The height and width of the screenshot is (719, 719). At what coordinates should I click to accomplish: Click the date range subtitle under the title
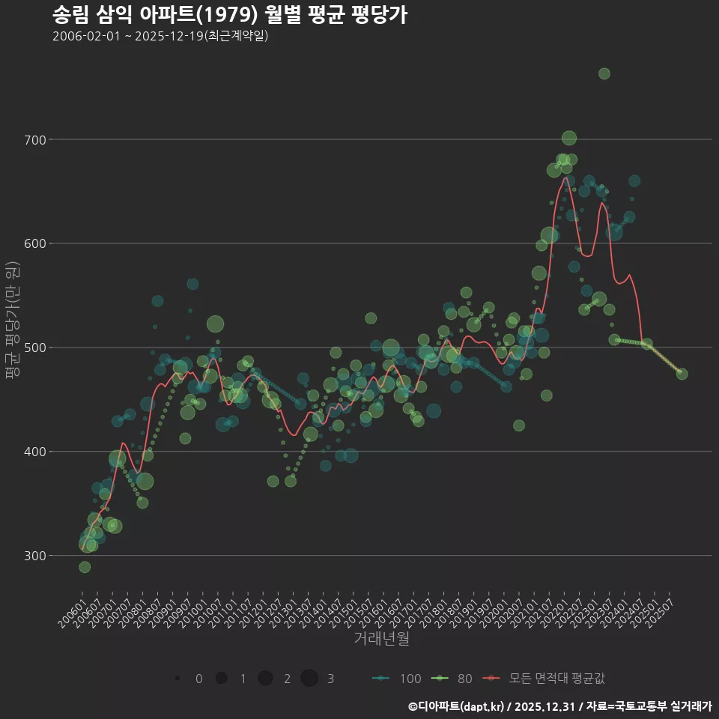[x=160, y=36]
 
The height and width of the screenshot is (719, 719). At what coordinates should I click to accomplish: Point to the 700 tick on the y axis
[x=36, y=140]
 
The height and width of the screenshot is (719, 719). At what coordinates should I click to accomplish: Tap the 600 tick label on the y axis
[x=36, y=244]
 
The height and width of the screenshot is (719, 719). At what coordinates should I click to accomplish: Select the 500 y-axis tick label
[x=36, y=348]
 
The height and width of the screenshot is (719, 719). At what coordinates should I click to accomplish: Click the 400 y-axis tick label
[x=36, y=452]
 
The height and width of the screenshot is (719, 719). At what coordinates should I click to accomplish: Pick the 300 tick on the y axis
[x=36, y=556]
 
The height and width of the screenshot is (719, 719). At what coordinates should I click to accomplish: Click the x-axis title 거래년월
[x=381, y=639]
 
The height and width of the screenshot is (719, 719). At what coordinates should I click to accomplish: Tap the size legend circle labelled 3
[x=309, y=679]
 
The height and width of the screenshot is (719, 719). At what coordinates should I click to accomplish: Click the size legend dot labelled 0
[x=178, y=679]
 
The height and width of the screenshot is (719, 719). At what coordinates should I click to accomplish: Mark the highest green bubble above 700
[x=604, y=73]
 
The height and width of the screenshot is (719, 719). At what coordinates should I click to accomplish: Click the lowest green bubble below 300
[x=85, y=567]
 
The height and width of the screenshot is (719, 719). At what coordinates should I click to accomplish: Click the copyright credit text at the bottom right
[x=559, y=706]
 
